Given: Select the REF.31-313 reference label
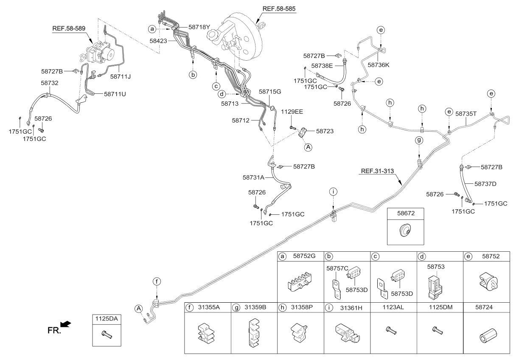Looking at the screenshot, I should coord(377,172).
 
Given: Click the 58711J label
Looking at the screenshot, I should coord(121,76).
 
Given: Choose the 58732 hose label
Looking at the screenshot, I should coord(50,84).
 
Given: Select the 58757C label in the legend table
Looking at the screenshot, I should coord(338,268).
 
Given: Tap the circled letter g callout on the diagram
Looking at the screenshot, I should coord(419,140).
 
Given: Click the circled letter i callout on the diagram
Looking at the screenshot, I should coord(334,192).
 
